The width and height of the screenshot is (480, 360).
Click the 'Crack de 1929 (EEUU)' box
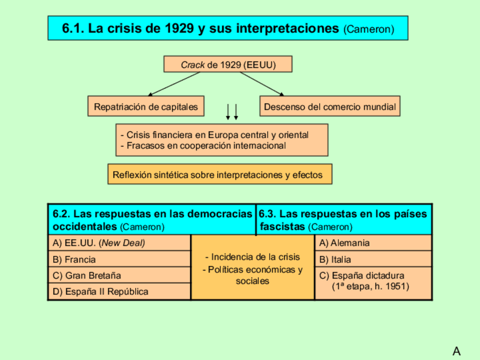pos(228,65)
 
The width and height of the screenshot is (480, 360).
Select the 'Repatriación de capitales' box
pos(146,106)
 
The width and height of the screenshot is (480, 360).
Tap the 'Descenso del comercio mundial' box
pos(330,106)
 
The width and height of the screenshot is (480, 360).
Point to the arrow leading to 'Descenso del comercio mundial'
pos(262,83)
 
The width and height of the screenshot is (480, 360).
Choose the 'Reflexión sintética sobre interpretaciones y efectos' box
pos(220,174)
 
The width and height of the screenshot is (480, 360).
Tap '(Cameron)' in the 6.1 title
pos(368,29)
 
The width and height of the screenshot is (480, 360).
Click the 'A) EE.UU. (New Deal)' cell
pos(119,243)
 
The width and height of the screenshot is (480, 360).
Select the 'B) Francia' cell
pos(119,259)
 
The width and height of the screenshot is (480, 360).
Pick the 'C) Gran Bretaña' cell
pos(119,275)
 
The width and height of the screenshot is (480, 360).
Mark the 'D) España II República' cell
pos(119,292)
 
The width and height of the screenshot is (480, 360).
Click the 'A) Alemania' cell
pos(372,243)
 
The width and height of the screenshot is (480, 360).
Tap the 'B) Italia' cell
pos(372,259)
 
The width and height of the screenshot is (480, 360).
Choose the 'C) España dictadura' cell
pos(372,281)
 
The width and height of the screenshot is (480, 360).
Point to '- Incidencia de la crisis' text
pos(252,257)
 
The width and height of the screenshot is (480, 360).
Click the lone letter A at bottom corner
pos(457,351)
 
